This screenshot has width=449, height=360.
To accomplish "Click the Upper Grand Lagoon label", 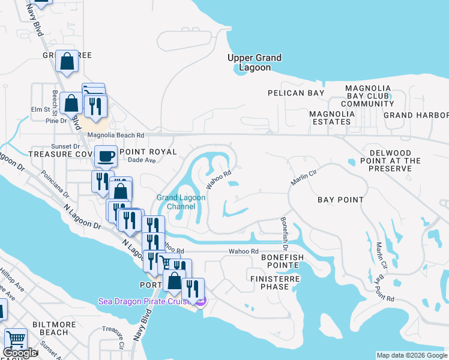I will [255, 62].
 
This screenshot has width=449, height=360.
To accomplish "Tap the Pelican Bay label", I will [296, 93].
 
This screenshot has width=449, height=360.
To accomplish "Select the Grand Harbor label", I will [415, 115].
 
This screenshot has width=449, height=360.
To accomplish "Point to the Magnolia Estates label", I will [330, 118].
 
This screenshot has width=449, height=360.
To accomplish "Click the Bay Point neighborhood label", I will [340, 200].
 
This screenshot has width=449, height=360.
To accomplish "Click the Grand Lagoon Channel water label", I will [181, 202].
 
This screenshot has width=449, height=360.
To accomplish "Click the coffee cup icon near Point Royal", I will [106, 157].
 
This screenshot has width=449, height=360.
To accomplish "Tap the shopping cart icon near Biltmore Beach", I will [16, 340].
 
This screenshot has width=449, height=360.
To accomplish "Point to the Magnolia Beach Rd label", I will [116, 136].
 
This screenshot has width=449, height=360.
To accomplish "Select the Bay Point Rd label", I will [382, 289].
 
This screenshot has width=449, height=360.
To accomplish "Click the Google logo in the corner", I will [20, 353].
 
